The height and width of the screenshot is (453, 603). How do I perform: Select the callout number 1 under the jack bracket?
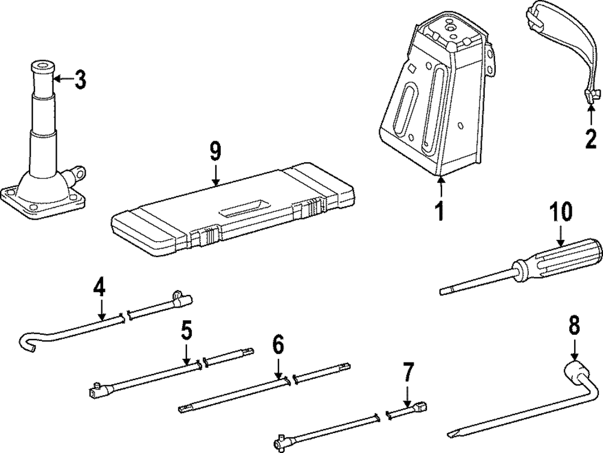(440, 209)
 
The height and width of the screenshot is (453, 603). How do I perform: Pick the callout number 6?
(277, 346)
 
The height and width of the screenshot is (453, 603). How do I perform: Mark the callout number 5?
(186, 330)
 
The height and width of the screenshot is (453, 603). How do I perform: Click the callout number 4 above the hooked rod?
(99, 287)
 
